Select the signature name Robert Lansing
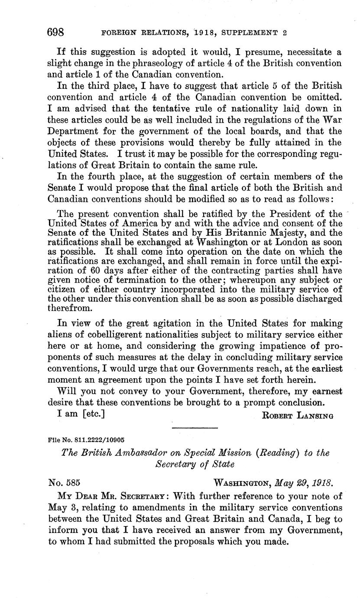coord(298,416)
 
